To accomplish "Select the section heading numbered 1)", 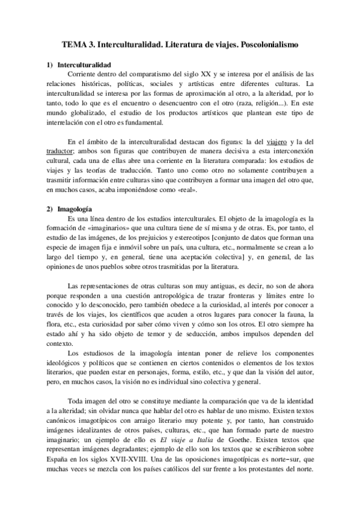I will (84, 64).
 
